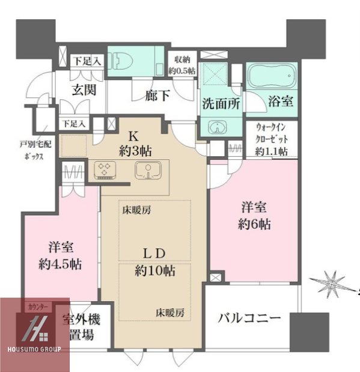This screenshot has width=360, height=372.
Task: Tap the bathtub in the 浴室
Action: (x=272, y=78)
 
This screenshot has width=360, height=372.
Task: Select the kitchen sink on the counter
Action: (x=145, y=171)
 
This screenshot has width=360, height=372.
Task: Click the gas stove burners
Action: (x=105, y=171)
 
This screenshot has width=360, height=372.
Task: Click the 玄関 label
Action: (x=84, y=91)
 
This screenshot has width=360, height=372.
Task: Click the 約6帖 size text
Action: (x=255, y=225)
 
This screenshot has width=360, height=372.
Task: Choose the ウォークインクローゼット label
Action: (x=272, y=139)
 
